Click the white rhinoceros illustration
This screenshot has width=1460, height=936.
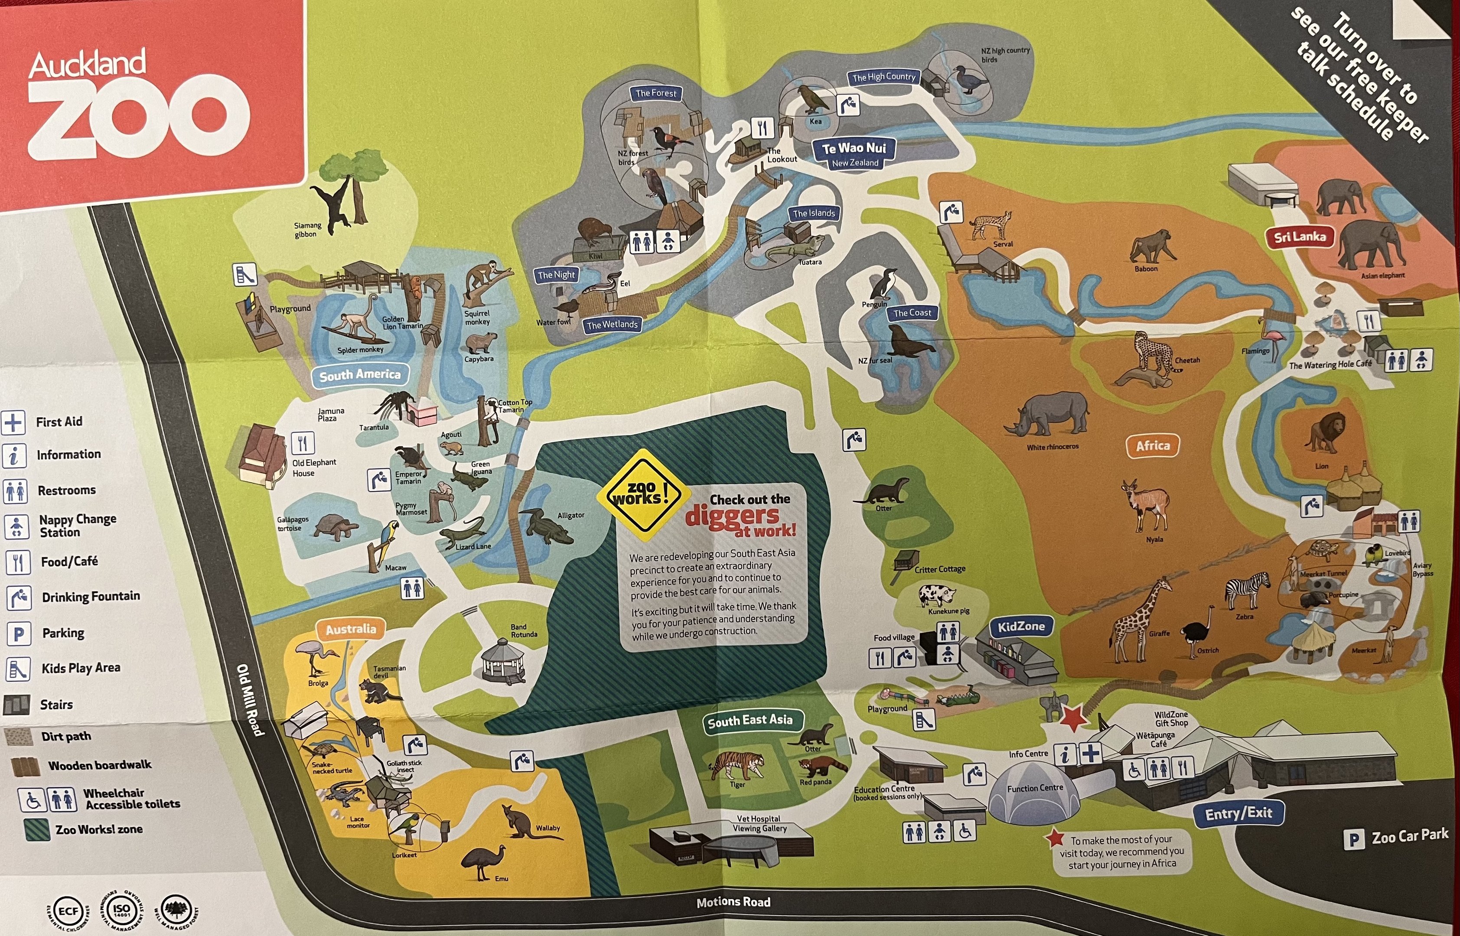[x=1047, y=413]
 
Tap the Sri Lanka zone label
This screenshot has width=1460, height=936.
[x=1300, y=237]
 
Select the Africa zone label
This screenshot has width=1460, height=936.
[x=1153, y=445]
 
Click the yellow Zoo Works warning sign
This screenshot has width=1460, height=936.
[x=642, y=494]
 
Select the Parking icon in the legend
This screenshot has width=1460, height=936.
[x=18, y=634]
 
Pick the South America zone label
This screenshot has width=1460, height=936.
[x=360, y=375]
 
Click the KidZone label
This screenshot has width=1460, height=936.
[x=1021, y=627]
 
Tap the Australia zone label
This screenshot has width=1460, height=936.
[x=351, y=629]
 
